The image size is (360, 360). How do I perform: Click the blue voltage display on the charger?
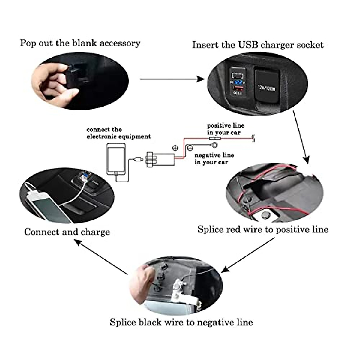[239, 82]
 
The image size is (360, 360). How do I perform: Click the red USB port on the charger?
[238, 89]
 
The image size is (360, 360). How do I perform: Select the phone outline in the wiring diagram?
[116, 159]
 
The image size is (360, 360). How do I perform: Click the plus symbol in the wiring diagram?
[175, 148]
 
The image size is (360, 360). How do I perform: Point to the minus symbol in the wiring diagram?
[189, 148]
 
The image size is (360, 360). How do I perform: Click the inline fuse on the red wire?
[214, 139]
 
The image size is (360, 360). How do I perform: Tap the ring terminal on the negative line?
[214, 145]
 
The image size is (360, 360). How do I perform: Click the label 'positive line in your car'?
[225, 129]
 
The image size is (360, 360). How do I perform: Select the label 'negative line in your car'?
[214, 159]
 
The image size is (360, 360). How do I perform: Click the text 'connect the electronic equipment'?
[118, 133]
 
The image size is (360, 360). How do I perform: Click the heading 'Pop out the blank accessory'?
[80, 43]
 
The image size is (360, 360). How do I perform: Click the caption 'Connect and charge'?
[67, 232]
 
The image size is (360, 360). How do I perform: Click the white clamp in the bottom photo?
[183, 292]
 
